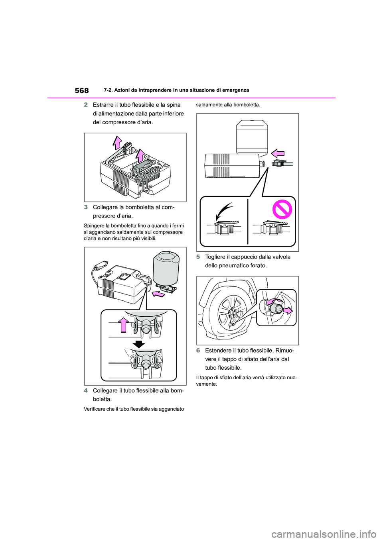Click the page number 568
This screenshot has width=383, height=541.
click(x=82, y=91)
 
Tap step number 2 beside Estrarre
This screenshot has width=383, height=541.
click(x=86, y=105)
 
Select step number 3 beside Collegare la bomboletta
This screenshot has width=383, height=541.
click(x=86, y=207)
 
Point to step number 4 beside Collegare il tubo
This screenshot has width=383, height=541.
click(x=86, y=390)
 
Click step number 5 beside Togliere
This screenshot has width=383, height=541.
click(x=198, y=257)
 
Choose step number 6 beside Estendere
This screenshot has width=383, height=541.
click(x=198, y=351)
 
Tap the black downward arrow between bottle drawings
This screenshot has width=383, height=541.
click(x=138, y=344)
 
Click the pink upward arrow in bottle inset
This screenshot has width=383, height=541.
click(x=124, y=325)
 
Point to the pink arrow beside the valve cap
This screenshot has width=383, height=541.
click(x=288, y=310)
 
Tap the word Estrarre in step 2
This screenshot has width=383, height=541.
click(x=105, y=105)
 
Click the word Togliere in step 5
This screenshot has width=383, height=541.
click(x=217, y=257)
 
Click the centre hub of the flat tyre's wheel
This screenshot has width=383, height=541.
click(x=233, y=313)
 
